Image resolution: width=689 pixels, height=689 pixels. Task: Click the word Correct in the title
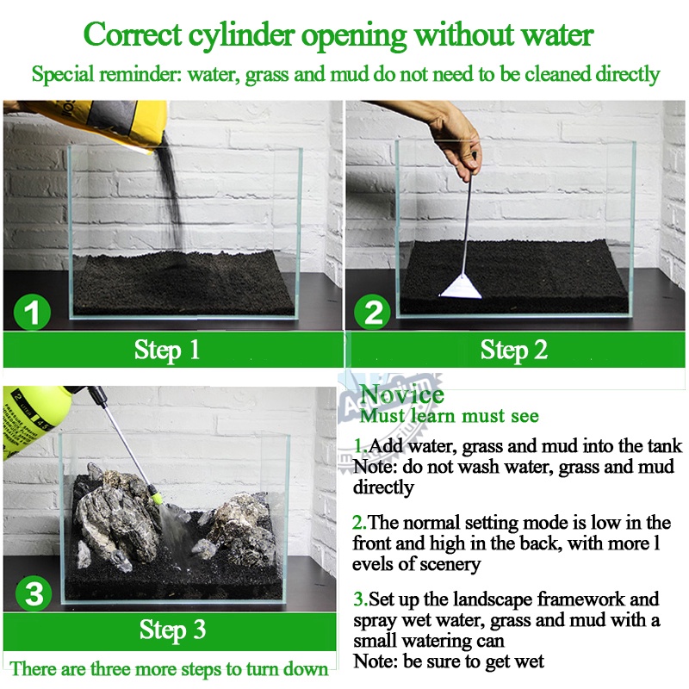point(133,34)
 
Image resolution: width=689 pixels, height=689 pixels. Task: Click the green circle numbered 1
point(32,313)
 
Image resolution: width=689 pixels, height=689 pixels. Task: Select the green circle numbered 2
point(372,313)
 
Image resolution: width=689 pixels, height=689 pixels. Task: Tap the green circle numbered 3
point(34,593)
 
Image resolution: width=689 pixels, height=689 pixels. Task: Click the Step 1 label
point(167,351)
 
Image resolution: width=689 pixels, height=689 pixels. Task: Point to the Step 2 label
point(513,351)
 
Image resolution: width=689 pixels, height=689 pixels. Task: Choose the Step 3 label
point(173,630)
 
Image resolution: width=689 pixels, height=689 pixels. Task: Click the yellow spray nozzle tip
point(157,498)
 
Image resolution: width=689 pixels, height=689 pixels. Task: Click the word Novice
point(401,394)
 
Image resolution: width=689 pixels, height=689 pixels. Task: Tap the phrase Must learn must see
point(449,416)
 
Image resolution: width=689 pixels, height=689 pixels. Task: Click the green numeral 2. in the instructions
point(359,523)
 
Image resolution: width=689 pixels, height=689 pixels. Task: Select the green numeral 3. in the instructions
point(360,599)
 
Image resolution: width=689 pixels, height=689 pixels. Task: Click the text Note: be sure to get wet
point(449,661)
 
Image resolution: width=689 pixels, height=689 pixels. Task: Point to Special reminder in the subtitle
point(106,74)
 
